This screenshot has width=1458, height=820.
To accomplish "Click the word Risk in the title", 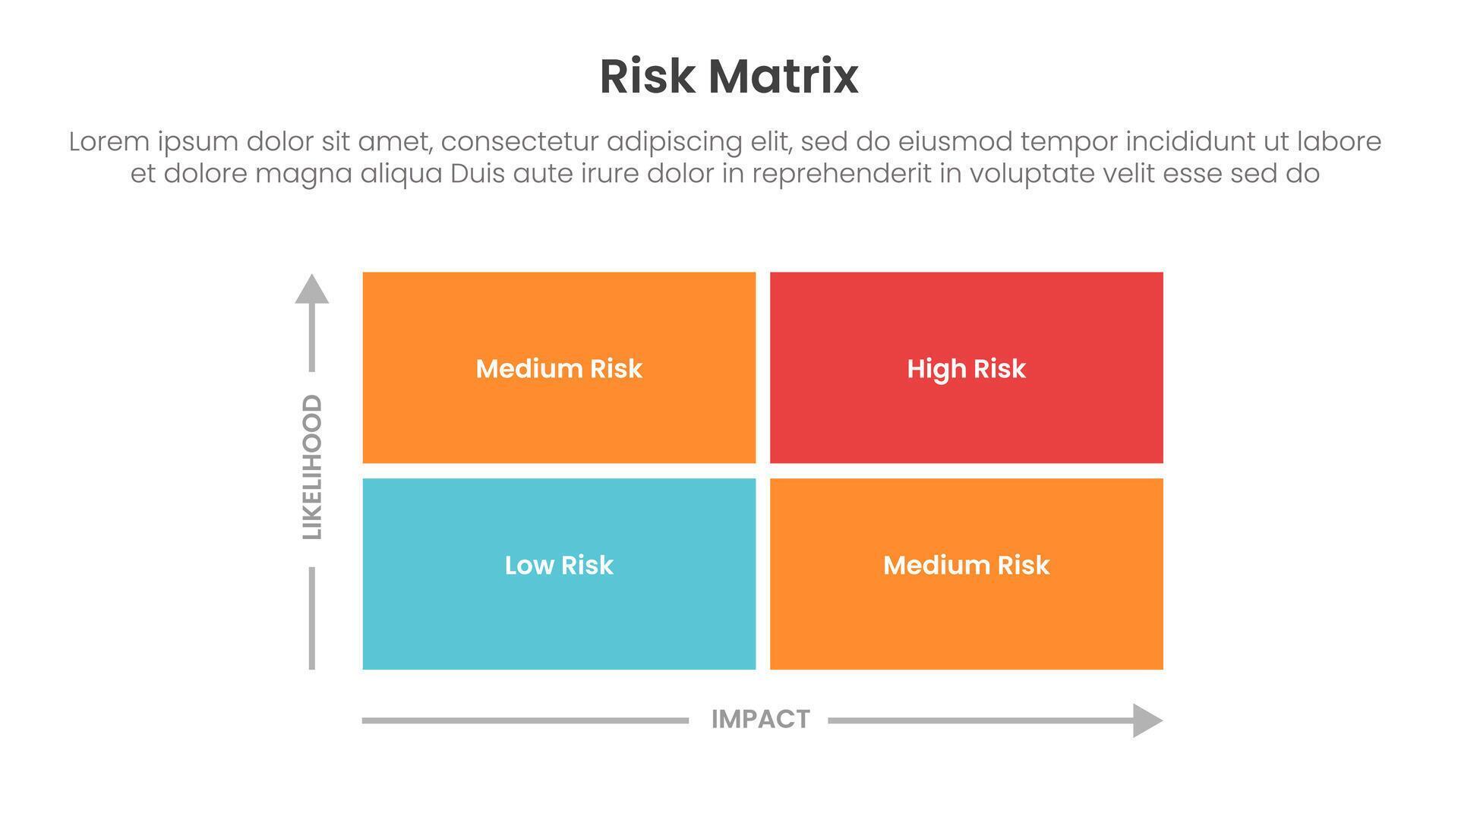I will tap(646, 77).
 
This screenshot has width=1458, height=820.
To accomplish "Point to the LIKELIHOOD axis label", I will tap(312, 467).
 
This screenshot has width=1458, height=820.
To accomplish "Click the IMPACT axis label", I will tap(760, 719).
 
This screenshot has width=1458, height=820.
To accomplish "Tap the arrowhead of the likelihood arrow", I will tap(312, 289).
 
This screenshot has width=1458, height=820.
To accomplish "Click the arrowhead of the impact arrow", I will tap(1147, 720).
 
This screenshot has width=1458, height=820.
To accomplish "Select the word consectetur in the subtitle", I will tap(519, 142).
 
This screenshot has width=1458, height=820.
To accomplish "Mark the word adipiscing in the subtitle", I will tap(674, 142).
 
